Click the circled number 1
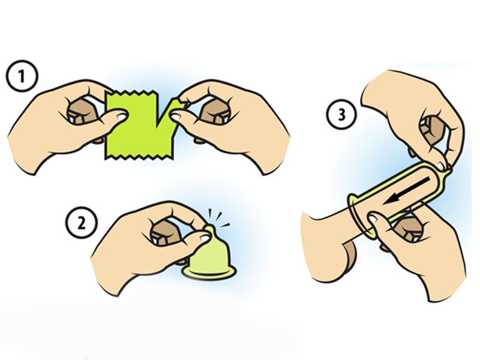22,76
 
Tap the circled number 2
82,223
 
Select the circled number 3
341,115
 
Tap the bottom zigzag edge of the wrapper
140,157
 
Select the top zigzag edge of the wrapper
131,92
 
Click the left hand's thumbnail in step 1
122,116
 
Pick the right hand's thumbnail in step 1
175,116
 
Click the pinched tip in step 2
209,229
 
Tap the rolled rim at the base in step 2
209,272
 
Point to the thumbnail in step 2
205,236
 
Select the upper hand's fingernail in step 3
442,166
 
